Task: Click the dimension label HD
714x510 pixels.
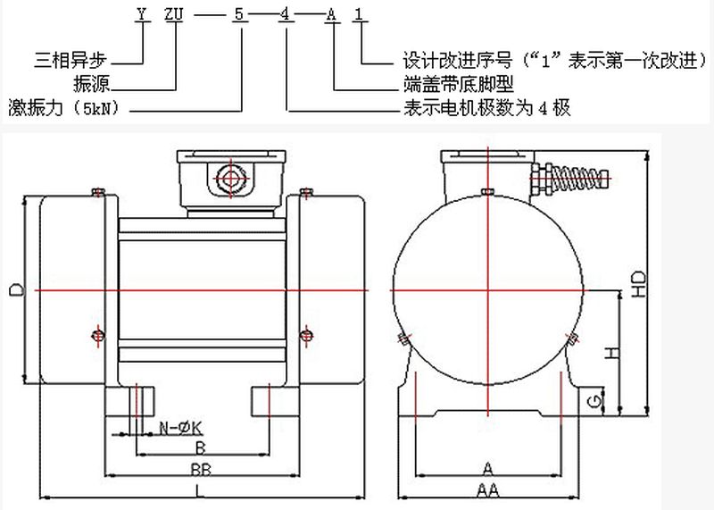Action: coord(637,283)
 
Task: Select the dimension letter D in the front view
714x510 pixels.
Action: coord(13,289)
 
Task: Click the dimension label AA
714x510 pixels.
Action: coord(487,489)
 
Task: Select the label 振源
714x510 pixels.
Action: coord(96,86)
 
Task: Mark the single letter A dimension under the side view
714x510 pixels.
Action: coord(487,468)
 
